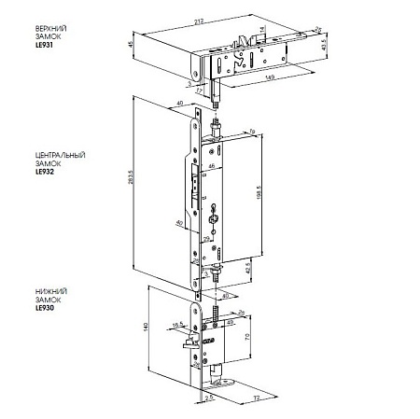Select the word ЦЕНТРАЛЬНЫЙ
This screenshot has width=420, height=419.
tap(58, 153)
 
